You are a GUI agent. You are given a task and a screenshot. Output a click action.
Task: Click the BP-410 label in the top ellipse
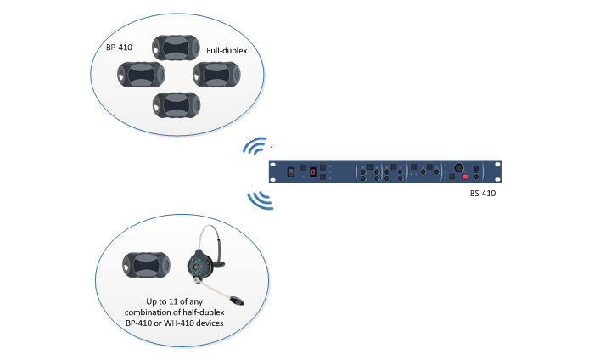pos(119,48)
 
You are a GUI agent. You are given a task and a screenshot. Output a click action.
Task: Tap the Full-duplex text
pos(227,50)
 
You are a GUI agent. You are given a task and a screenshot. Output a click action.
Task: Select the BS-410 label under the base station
pos(483,194)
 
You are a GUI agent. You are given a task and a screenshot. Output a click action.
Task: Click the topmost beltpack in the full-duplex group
pos(176,48)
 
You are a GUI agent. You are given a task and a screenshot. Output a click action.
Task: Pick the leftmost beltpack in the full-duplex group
pos(141,75)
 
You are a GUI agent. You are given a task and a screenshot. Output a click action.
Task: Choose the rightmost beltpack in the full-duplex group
pos(216,75)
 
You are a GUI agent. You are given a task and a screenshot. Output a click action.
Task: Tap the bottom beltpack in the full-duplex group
pos(177,105)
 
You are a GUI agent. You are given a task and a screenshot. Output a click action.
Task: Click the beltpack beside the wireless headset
pos(146,265)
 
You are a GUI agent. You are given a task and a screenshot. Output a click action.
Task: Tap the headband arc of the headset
pos(209,238)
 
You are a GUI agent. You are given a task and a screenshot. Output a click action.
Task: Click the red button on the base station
pos(466,177)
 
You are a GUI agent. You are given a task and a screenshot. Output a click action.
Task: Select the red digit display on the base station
pos(313,172)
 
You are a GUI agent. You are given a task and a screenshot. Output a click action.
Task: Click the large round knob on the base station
pos(459,167)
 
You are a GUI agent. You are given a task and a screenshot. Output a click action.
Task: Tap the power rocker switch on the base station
pos(291,172)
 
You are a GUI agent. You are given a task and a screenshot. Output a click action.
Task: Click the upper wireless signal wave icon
pos(256,146)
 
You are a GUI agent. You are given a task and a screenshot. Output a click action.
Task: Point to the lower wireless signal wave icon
pos(261,197)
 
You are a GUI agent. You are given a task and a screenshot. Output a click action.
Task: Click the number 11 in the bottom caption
pos(173,301)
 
